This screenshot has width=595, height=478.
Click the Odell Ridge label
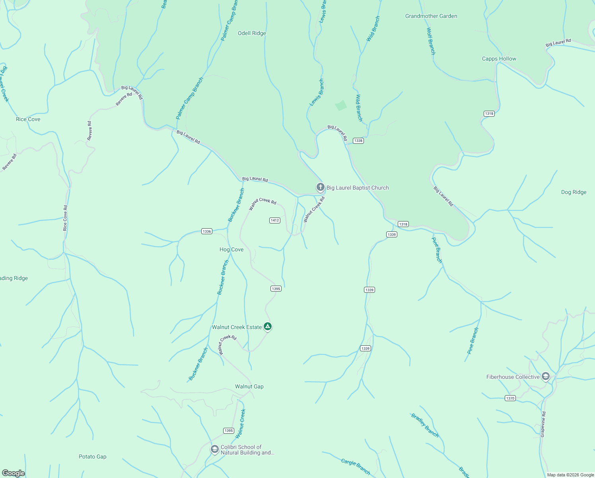point(252,33)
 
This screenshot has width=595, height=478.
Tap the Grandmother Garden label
point(431,16)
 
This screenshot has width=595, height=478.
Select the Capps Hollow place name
point(499,59)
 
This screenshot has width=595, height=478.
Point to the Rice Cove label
point(28,119)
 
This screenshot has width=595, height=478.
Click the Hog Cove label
point(231,250)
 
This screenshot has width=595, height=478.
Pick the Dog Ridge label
point(574,192)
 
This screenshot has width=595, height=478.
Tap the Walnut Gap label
point(249,387)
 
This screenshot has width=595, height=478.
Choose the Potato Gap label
point(93,457)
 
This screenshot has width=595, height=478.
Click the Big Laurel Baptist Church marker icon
point(320,187)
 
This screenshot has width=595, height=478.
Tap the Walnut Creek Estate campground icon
point(268,327)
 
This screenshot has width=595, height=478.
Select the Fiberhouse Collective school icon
point(545,376)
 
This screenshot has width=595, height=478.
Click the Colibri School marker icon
point(214,449)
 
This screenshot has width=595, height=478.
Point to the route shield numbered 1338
point(358,141)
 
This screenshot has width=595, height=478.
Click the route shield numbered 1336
point(207,231)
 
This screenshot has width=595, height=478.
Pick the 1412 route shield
point(275,220)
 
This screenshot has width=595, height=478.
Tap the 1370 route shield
point(510,398)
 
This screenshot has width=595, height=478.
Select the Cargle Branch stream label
point(356,467)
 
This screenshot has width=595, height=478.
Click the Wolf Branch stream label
point(431,41)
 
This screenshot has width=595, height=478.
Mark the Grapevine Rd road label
point(543,425)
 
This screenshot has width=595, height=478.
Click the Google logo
point(14,473)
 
